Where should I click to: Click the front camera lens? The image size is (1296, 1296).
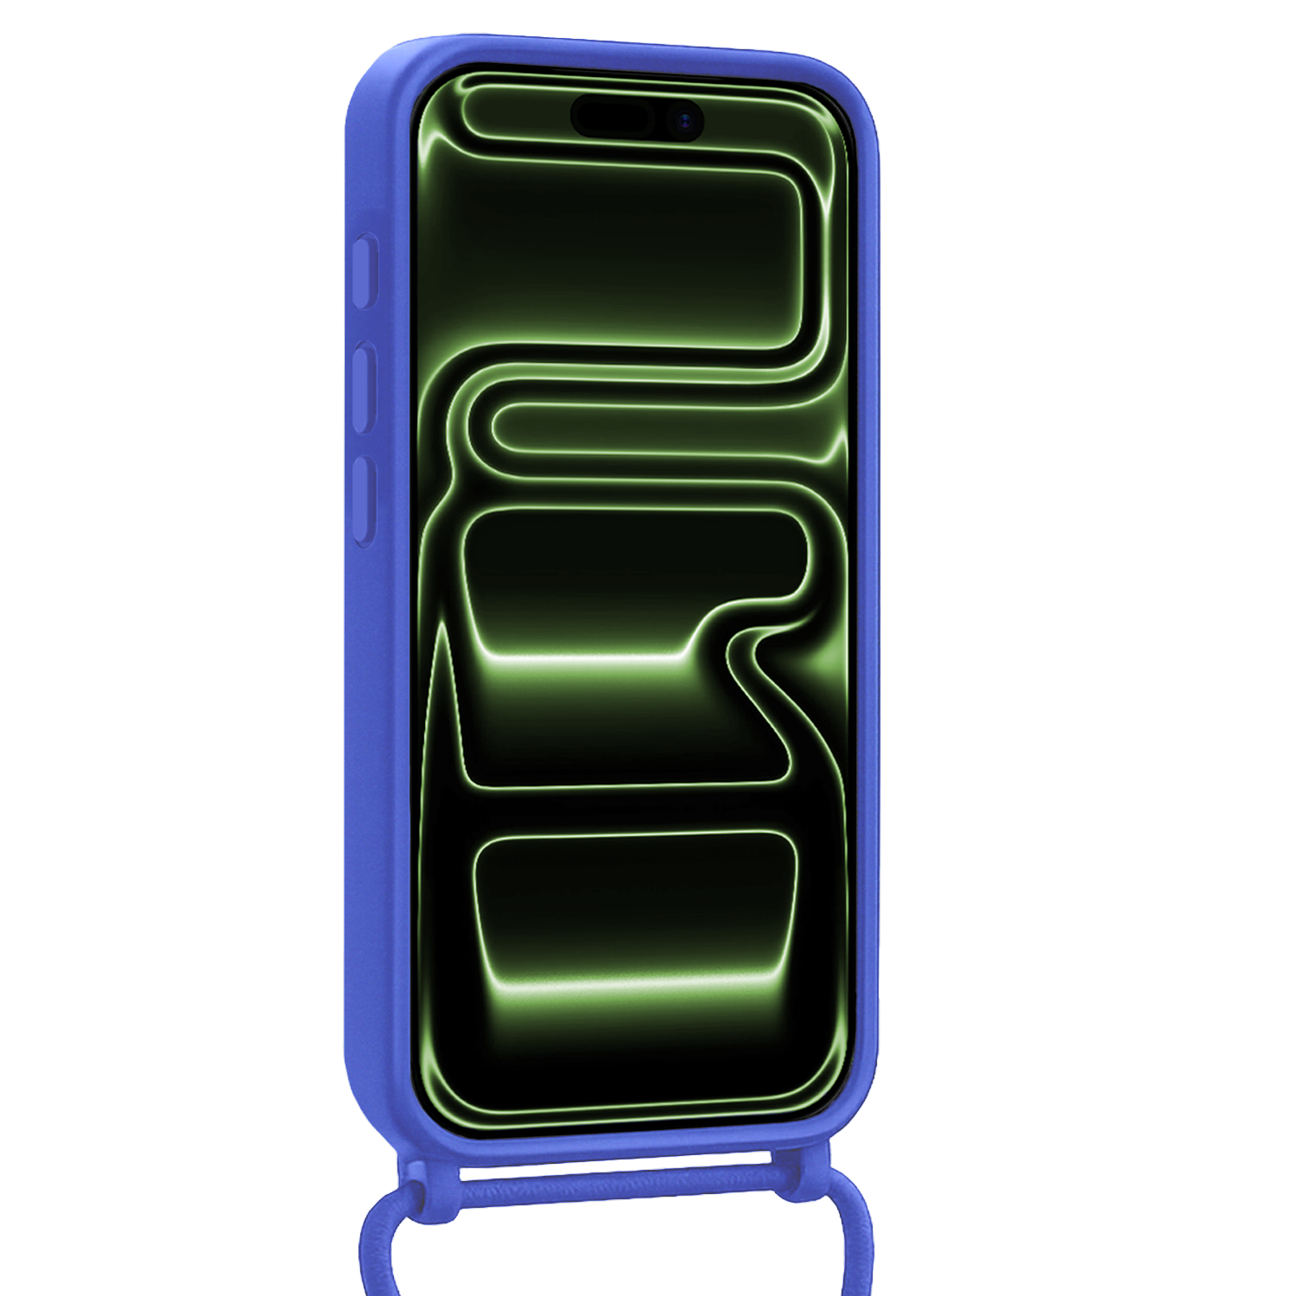pyautogui.click(x=685, y=120)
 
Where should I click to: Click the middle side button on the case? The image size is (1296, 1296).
pyautogui.click(x=365, y=388)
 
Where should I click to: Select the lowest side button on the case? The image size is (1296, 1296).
pyautogui.click(x=365, y=502)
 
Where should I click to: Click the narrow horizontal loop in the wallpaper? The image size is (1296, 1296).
pyautogui.click(x=657, y=429)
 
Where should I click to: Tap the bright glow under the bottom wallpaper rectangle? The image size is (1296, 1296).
pyautogui.click(x=635, y=985)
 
